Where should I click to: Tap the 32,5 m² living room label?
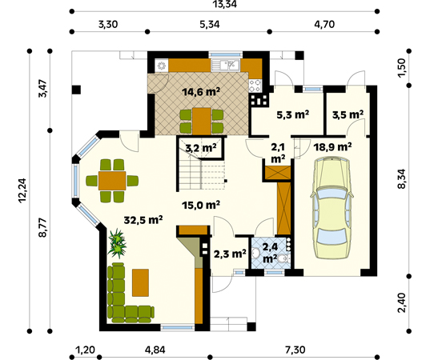144,218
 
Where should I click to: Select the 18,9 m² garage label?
334,146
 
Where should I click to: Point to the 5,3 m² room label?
292,115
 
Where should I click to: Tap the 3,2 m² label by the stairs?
199,148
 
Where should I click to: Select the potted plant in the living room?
119,242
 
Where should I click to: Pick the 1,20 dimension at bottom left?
85,350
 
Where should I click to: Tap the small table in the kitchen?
201,117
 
